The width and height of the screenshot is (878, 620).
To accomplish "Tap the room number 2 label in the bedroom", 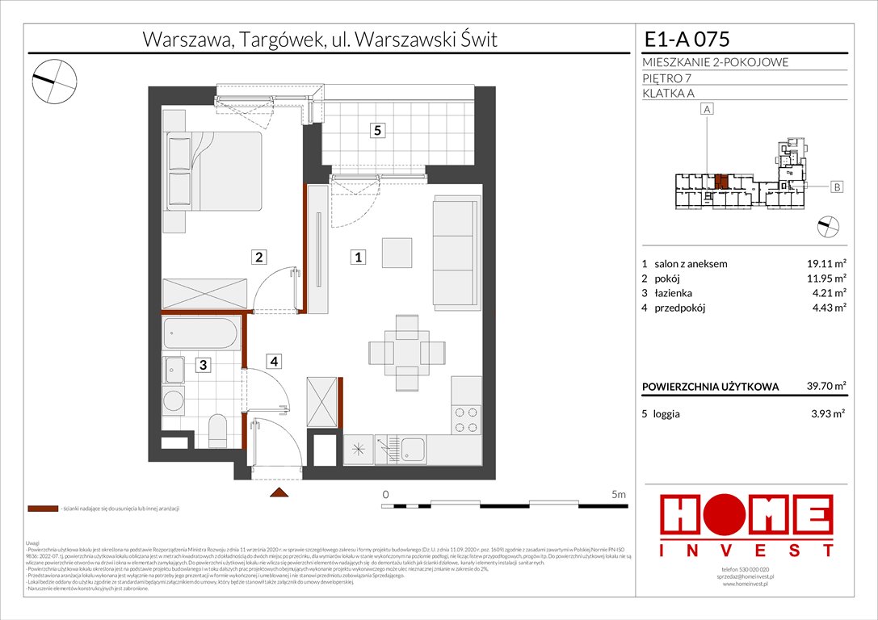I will click(x=259, y=258).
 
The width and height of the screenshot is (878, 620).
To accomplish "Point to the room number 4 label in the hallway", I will click(x=275, y=362).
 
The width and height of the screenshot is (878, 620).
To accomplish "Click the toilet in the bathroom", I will click(x=217, y=429).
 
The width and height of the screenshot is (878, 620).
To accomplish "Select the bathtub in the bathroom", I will click(x=201, y=333).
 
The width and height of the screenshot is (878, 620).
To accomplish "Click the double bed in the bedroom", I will click(x=213, y=171).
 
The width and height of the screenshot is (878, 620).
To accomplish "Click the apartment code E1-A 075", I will click(x=687, y=40).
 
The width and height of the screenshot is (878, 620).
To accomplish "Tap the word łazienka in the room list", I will click(x=673, y=292).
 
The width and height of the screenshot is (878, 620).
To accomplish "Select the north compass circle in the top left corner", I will click(x=54, y=79).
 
